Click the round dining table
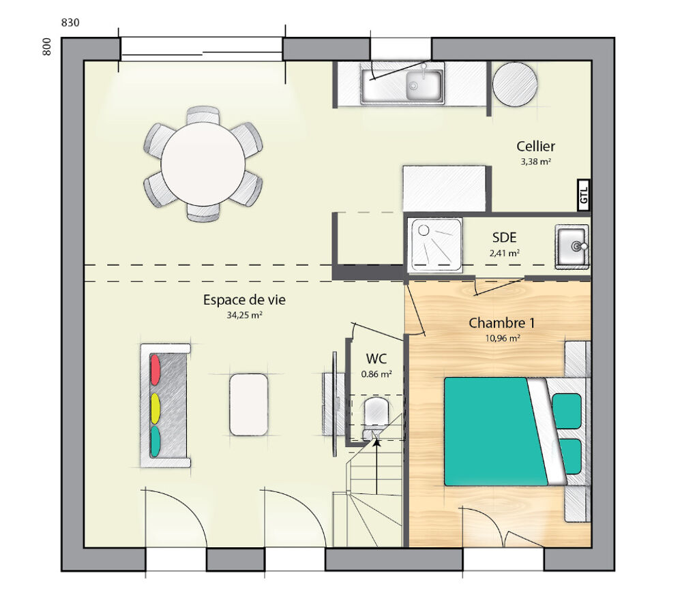tap(203, 164)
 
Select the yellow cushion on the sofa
tap(155, 408)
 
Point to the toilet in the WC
tap(376, 412)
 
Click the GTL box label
tap(584, 195)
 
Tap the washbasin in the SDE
tap(572, 246)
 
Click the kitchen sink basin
tap(423, 85)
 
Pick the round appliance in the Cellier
tap(515, 84)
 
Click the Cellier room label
tap(535, 146)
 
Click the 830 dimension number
tap(70, 22)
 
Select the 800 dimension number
tap(46, 46)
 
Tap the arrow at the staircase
tap(375, 442)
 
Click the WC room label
tap(376, 358)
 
